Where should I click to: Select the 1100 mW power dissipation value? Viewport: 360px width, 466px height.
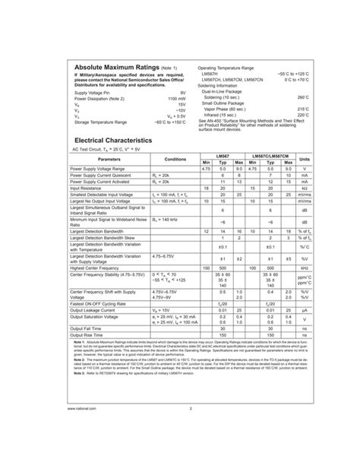[x=176, y=99]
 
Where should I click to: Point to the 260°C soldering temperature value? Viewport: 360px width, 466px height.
[x=303, y=98]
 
